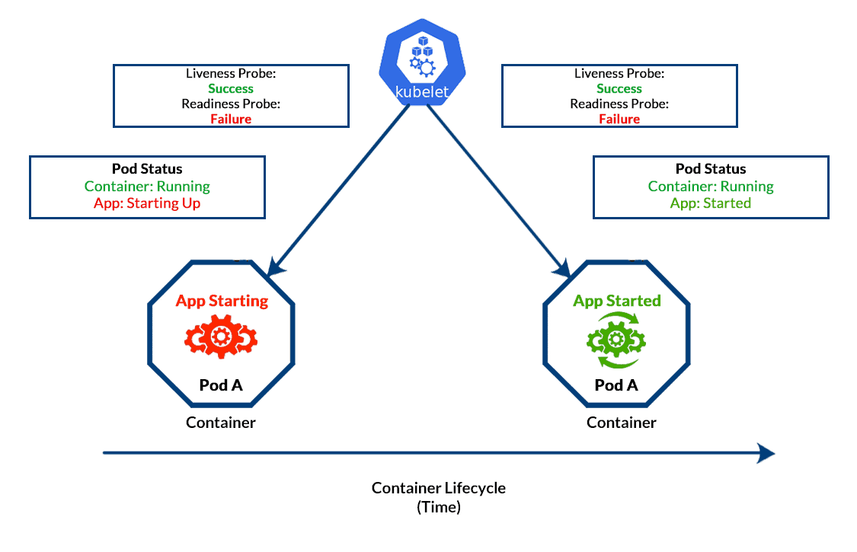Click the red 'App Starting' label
[222, 301]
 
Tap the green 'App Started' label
[617, 301]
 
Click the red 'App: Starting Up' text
[147, 203]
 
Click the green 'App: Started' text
[711, 203]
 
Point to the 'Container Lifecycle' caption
[439, 488]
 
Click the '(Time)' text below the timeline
[439, 507]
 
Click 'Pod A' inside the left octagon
[221, 385]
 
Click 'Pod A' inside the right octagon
[616, 385]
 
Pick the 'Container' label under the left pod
[221, 423]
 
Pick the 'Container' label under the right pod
[622, 423]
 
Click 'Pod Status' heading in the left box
[147, 169]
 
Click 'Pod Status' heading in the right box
[711, 169]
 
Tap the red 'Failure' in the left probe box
[231, 119]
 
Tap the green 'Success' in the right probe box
[619, 89]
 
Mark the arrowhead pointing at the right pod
[564, 269]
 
